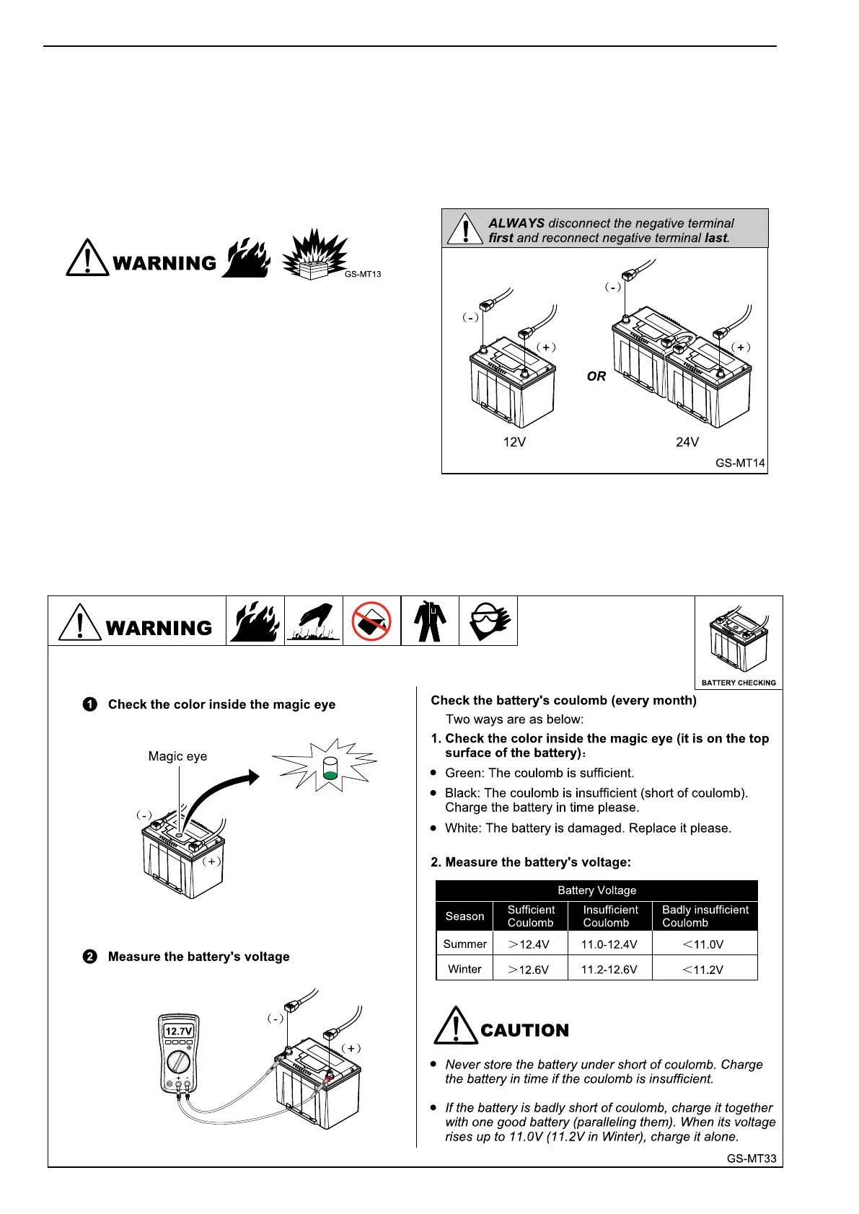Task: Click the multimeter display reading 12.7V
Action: [179, 1031]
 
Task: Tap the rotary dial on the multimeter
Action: [178, 1061]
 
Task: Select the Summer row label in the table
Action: [464, 944]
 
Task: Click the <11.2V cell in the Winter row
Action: [703, 969]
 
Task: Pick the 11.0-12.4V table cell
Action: [609, 944]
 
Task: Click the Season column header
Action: [464, 916]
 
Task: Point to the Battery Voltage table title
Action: [596, 890]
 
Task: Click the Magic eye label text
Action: [177, 756]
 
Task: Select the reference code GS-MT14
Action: [740, 463]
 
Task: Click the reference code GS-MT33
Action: [752, 1158]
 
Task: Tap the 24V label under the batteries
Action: [687, 442]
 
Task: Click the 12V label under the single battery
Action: [514, 442]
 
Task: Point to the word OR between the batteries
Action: [596, 376]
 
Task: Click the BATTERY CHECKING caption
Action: [739, 683]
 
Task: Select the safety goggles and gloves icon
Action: [488, 621]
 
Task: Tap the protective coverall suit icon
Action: [430, 621]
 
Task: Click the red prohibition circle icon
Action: [371, 621]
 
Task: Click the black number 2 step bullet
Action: [89, 957]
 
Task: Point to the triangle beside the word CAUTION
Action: [455, 1026]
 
